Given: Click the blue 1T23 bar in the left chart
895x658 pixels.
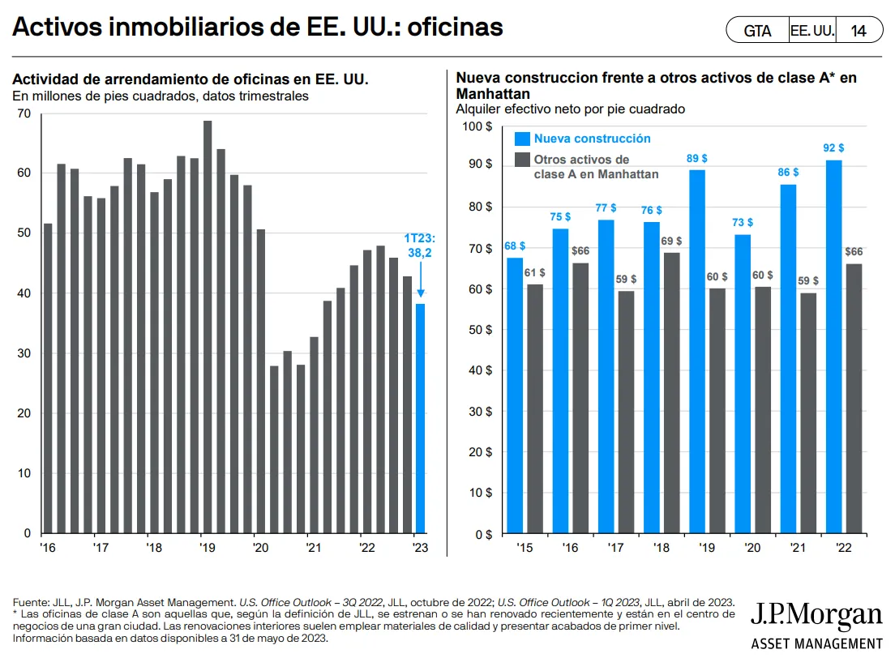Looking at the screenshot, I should point(420,418).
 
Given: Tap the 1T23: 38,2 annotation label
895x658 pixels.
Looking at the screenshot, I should point(421,246).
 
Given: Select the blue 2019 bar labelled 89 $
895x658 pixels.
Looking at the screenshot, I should point(696,352).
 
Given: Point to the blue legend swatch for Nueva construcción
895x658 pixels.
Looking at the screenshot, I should point(522,139).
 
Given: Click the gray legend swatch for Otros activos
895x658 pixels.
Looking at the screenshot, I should point(522,160).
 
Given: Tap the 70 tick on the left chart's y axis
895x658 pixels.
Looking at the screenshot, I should point(24,113).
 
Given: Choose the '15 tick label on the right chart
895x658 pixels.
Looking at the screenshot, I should point(524,548).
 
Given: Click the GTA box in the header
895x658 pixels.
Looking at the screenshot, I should point(757,32).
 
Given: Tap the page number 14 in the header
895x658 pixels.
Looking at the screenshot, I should point(859,32).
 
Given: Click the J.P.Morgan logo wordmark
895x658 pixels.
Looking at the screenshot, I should point(816,615).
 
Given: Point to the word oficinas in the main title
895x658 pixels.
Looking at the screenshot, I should point(456,28).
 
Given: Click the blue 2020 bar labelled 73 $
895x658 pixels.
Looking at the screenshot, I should point(742,384).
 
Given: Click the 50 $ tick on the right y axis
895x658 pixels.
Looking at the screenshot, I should point(479,330).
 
